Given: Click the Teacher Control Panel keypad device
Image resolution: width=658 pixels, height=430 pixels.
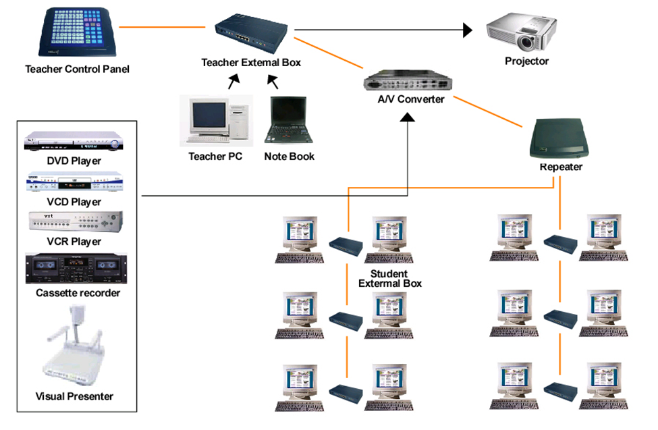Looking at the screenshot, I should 74,32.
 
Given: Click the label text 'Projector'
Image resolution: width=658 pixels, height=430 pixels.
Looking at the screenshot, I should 526,61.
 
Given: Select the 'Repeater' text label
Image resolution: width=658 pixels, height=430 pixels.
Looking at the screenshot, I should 560,167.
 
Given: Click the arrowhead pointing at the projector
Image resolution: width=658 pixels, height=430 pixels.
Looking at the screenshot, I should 468,29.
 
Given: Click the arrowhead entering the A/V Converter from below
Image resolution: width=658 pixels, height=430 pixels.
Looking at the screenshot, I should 407,117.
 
